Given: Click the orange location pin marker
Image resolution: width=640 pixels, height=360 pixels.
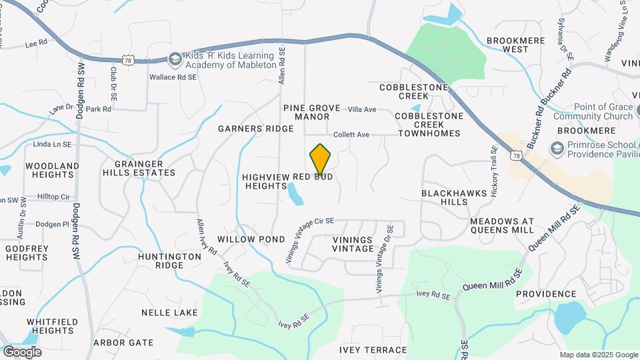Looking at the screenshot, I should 321,160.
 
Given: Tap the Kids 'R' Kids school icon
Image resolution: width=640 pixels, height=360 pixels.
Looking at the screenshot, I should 175,59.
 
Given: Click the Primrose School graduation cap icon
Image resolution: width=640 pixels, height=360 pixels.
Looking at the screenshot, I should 556,147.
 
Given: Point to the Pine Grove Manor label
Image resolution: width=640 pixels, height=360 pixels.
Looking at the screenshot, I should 311,112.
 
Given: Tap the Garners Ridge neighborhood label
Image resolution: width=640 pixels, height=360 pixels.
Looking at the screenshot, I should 256,129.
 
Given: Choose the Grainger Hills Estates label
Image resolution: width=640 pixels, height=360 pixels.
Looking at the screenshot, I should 139,168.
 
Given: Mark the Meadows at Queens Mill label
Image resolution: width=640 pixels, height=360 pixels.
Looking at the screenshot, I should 502,225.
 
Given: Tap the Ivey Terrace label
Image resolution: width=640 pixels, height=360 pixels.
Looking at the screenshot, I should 373,350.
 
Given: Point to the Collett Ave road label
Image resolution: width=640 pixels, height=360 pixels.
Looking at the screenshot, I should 351,135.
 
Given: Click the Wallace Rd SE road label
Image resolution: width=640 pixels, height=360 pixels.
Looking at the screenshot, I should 173,77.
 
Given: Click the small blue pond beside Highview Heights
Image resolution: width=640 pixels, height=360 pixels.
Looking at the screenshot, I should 294,194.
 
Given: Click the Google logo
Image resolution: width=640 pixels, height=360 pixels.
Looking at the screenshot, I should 22,352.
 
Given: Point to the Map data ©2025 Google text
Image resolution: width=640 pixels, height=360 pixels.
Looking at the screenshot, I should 598,355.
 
